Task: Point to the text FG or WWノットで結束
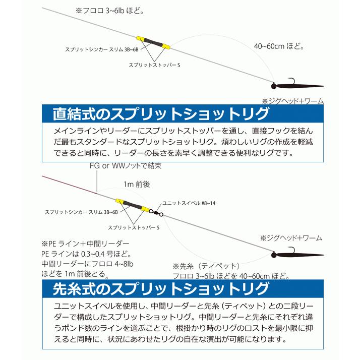(x=126, y=165)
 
